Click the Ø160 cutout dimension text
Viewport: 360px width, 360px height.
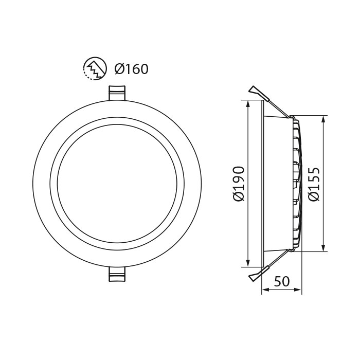131,68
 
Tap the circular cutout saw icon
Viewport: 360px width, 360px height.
93,68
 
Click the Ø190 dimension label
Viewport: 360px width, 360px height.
238,184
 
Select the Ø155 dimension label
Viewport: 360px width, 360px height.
314,184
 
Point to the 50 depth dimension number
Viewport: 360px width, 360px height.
282,281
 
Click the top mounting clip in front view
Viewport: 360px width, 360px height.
117,93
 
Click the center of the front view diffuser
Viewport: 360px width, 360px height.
117,184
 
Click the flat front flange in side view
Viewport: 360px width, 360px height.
263,184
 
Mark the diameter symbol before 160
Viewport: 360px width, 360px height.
120,68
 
